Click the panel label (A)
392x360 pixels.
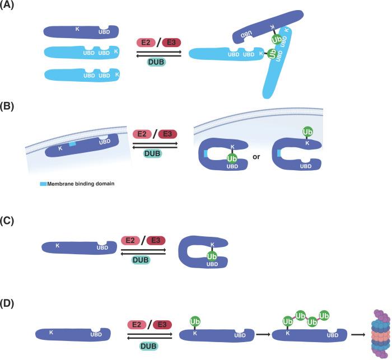tap(10, 6)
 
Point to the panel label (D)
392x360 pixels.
tap(10, 305)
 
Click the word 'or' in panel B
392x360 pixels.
tap(256, 157)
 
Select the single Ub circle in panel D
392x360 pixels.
tap(196, 322)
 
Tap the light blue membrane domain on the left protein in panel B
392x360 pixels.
tap(72, 144)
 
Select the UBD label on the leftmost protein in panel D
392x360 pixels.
tap(97, 335)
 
